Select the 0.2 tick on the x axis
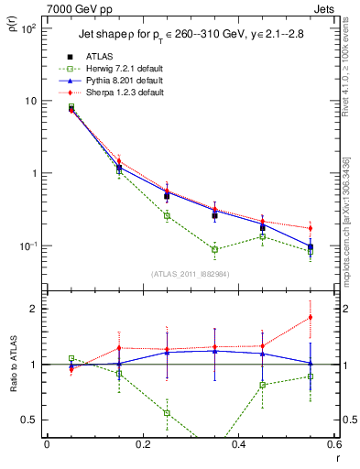[x=142, y=446]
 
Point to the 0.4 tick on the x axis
[x=239, y=446]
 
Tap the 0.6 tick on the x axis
[x=334, y=446]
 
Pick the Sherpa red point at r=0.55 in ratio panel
[x=311, y=317]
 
